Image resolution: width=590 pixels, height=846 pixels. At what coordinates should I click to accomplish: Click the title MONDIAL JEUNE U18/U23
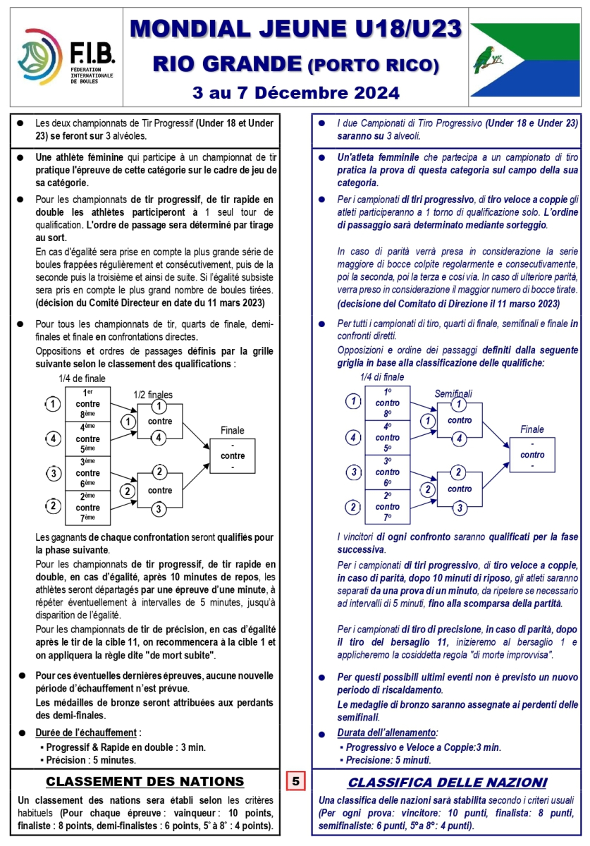[296, 29]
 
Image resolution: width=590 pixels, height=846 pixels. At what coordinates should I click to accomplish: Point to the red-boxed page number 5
[296, 780]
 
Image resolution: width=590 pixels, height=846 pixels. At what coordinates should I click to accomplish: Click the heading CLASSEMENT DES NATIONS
[145, 781]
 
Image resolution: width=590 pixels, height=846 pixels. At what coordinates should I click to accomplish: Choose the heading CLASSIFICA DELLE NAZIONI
[447, 782]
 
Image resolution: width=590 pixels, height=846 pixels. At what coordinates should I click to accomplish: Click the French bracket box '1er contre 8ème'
[88, 404]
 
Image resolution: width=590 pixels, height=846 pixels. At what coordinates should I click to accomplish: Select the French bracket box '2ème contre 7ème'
[88, 508]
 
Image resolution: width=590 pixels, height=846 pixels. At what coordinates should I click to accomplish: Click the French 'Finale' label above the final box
[233, 430]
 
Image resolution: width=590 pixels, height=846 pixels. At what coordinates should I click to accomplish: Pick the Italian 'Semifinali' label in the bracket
[453, 393]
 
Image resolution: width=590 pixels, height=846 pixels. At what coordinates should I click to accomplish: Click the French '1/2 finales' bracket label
[153, 395]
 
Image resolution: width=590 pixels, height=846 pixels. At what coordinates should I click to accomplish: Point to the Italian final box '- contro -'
[532, 455]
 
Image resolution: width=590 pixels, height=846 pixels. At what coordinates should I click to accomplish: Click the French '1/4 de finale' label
[82, 379]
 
